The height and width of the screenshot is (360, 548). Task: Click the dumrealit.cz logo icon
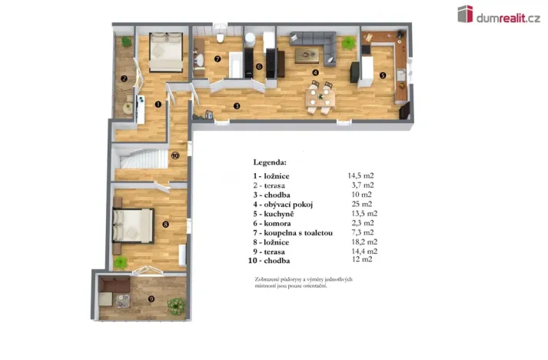point(465,13)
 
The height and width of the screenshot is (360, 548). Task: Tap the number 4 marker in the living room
point(314,73)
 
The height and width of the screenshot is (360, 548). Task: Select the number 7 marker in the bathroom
point(218,58)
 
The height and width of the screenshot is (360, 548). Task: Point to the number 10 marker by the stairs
point(175,155)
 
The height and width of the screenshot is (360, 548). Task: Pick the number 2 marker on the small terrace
point(124,78)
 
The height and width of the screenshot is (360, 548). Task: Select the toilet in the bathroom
point(220,38)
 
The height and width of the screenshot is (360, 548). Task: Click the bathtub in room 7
point(239,63)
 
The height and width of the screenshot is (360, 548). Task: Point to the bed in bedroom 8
point(133,225)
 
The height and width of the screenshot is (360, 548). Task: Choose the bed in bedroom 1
point(164,52)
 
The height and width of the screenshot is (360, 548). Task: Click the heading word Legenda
point(270,162)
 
